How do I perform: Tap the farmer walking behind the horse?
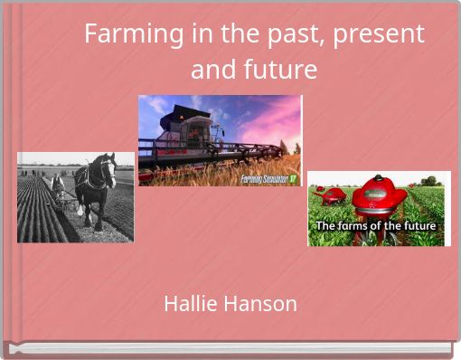click(59, 186)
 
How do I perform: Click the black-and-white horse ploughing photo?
click(75, 196)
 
